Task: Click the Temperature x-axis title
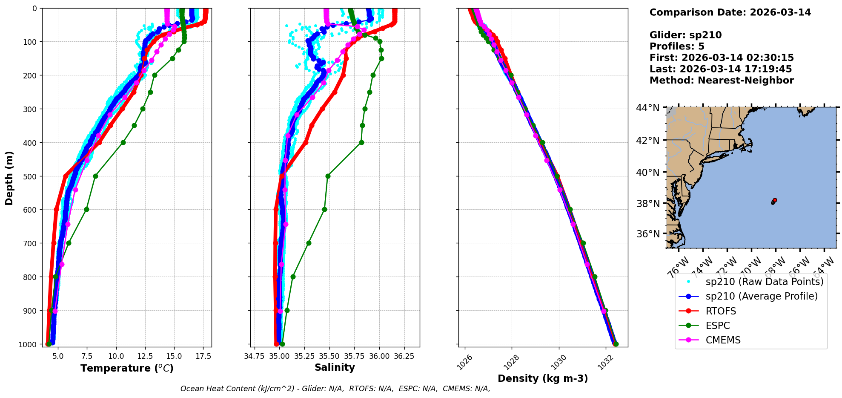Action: pos(127,368)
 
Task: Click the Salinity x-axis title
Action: pos(335,367)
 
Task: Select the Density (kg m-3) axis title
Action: pos(543,378)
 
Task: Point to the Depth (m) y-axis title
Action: pos(9,178)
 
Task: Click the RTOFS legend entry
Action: pos(721,311)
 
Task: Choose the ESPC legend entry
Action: pos(718,326)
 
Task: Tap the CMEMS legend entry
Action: pos(723,340)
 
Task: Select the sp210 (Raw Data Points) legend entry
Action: pos(764,282)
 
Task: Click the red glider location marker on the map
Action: pos(775,200)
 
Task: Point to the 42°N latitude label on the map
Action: pos(647,141)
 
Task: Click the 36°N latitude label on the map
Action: pos(647,234)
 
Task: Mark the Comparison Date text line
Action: pos(730,12)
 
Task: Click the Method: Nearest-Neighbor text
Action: pos(722,81)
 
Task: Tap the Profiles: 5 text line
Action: pos(677,46)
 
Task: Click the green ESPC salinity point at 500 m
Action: pos(328,176)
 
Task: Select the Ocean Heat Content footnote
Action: pos(335,389)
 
